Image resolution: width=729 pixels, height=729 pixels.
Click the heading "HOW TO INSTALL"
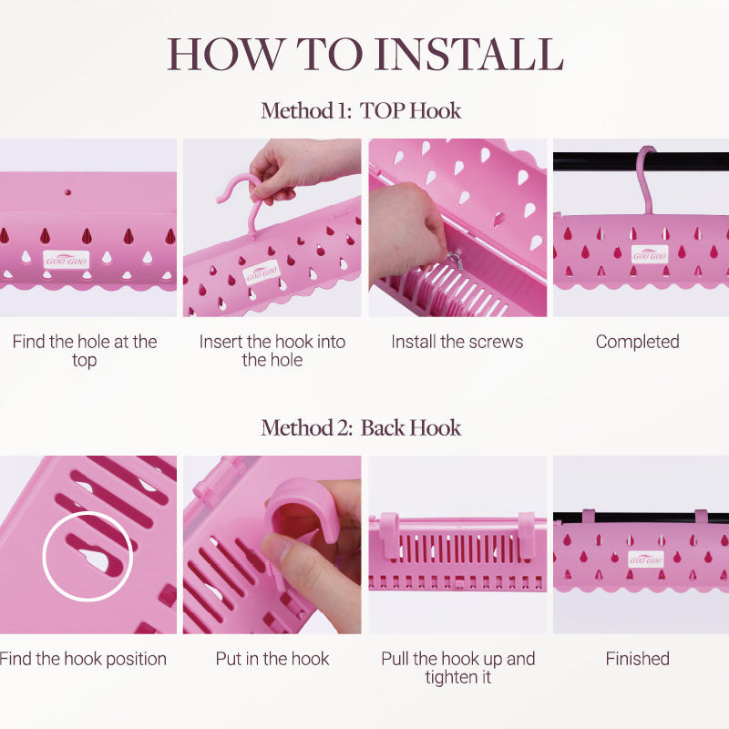[365, 55]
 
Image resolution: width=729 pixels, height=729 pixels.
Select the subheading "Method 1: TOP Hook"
[361, 111]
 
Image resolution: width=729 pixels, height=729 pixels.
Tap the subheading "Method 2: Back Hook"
[361, 428]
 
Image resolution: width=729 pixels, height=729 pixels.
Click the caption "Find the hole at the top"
[85, 351]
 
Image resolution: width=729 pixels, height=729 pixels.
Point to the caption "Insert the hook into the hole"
[272, 351]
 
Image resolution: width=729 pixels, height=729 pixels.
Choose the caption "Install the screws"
[457, 342]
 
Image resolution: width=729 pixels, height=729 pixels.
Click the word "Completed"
[637, 343]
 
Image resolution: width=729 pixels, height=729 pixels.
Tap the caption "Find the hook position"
[83, 659]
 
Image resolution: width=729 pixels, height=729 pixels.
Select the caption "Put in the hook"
[272, 659]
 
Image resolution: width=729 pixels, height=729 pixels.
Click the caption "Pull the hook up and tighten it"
[458, 668]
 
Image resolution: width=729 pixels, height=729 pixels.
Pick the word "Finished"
[637, 659]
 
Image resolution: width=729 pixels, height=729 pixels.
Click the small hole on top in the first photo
[67, 192]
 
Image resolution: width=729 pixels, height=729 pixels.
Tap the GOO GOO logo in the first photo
[66, 260]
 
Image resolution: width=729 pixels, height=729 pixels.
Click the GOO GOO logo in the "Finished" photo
[645, 560]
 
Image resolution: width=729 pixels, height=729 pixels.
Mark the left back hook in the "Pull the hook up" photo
[390, 535]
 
